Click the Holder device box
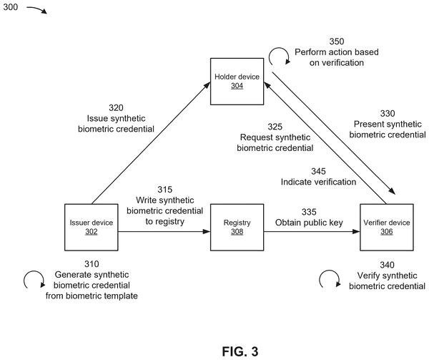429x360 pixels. [x=237, y=82]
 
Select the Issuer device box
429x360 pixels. [x=92, y=227]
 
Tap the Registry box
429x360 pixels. [x=237, y=227]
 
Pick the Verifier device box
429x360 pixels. [x=387, y=227]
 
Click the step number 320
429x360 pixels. [x=116, y=107]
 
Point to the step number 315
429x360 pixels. [x=164, y=190]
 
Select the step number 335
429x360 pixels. [x=309, y=212]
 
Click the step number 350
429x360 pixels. [x=337, y=42]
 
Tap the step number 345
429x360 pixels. [x=318, y=171]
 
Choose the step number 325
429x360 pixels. [x=275, y=127]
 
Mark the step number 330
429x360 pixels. [x=388, y=113]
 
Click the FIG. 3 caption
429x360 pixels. [x=240, y=351]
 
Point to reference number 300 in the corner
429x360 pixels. [x=11, y=7]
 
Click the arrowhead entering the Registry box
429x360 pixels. [x=207, y=232]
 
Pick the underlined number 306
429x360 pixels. [x=387, y=232]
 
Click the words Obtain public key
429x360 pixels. [x=309, y=223]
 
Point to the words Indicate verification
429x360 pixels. [x=318, y=182]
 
